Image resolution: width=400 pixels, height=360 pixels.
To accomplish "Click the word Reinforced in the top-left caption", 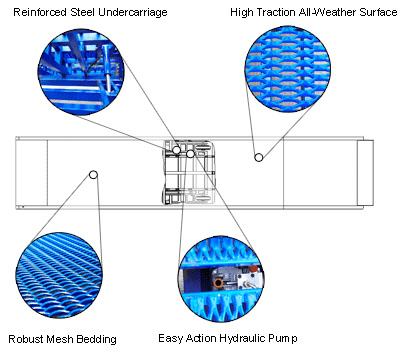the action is click(40, 12).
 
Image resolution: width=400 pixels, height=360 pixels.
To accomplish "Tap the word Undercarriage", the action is click(133, 13).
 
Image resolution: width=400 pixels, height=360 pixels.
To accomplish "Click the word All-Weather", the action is click(328, 12).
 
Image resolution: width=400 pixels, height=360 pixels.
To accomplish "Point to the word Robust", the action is click(26, 339).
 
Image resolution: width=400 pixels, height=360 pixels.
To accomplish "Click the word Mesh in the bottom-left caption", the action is click(60, 339).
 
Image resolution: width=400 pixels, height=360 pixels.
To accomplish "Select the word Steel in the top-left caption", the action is click(83, 12).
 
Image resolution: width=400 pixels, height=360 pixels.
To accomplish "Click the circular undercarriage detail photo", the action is click(81, 72).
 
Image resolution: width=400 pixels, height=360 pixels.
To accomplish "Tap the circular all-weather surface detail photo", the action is click(287, 69).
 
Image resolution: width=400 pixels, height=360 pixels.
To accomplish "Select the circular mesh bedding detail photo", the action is click(59, 275).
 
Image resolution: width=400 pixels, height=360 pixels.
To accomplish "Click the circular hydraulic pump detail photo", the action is click(221, 279).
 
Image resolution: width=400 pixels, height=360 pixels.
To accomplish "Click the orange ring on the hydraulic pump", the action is click(218, 283).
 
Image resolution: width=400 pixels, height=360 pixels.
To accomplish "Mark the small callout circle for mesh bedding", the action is click(94, 174).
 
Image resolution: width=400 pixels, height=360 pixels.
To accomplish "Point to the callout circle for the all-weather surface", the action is click(259, 157).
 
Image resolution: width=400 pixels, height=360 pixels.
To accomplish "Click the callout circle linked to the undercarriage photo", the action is click(176, 150).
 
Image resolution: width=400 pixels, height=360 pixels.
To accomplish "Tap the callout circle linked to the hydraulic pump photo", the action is click(190, 154).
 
